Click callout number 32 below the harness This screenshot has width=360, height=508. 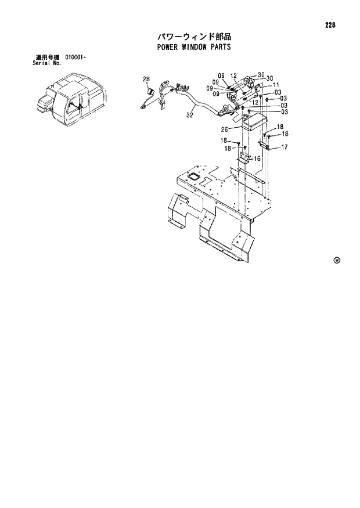pyautogui.click(x=189, y=116)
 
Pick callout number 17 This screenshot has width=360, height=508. pyautogui.click(x=285, y=147)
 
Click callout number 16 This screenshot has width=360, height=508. pyautogui.click(x=257, y=158)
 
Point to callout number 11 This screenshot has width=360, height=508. pyautogui.click(x=276, y=85)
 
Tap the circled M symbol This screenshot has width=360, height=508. pyautogui.click(x=336, y=260)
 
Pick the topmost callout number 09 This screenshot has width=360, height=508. pyautogui.click(x=221, y=76)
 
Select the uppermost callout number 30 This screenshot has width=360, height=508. pyautogui.click(x=261, y=74)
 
